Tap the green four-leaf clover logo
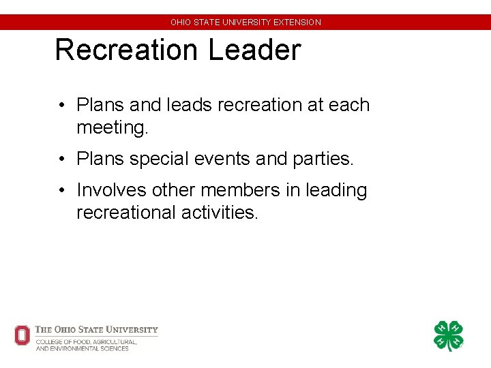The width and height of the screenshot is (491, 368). tap(449, 336)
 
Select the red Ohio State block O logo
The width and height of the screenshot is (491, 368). tap(23, 335)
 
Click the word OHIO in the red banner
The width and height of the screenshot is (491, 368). tap(181, 22)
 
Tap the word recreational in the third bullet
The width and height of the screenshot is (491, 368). tap(127, 213)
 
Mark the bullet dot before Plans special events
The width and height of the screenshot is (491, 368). tap(61, 159)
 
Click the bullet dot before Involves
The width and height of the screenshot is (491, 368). tap(61, 191)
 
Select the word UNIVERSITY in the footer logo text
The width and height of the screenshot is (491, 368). tap(134, 330)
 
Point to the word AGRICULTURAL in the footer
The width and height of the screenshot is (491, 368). tap(113, 341)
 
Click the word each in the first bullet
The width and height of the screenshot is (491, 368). tap(349, 106)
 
